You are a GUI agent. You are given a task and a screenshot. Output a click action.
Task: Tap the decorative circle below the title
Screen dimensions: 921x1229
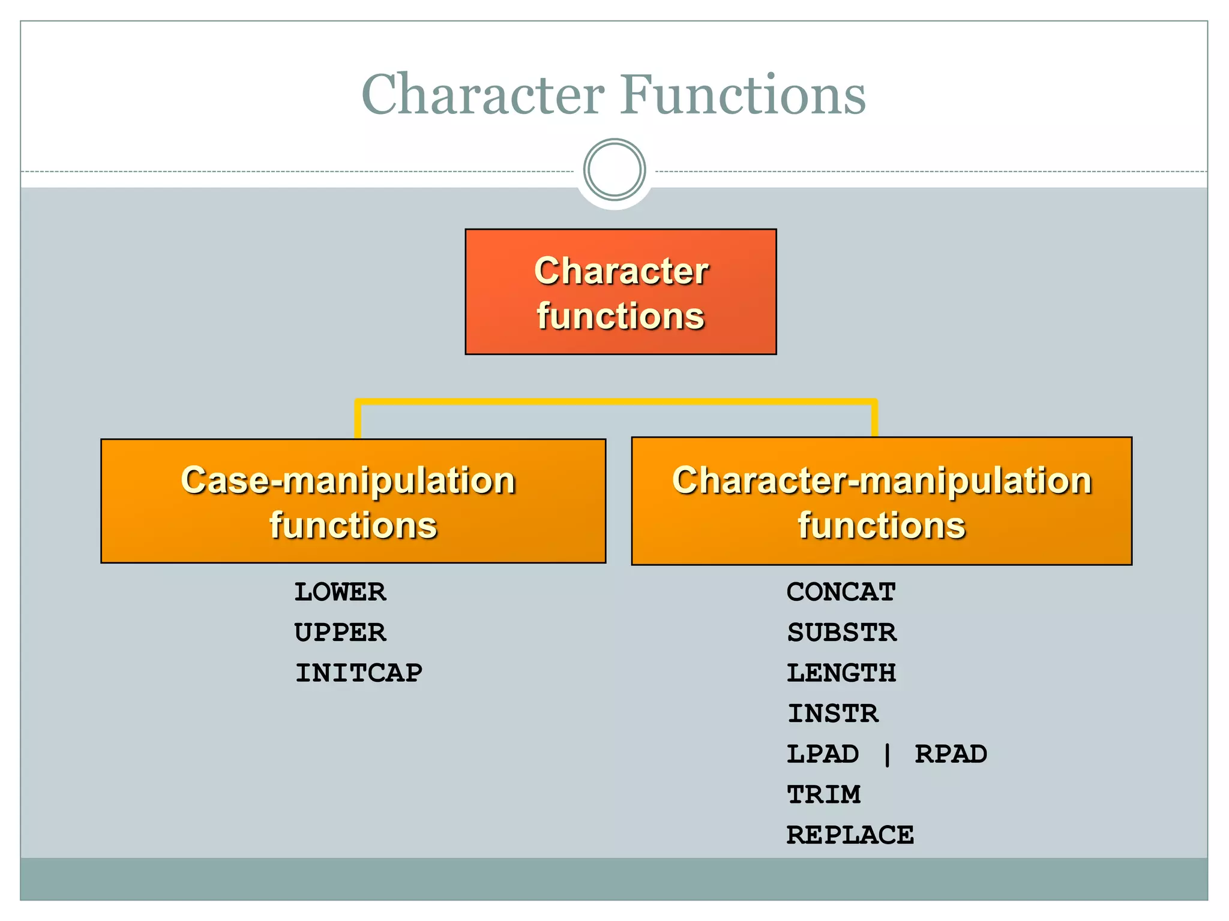tap(614, 170)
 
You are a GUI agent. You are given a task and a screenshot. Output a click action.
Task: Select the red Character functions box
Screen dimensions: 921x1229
tap(621, 292)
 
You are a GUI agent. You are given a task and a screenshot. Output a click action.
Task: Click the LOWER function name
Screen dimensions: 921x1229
tap(340, 592)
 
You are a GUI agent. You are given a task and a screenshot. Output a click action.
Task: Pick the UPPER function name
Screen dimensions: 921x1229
tap(340, 633)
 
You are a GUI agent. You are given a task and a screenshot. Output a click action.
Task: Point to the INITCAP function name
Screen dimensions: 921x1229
tap(359, 673)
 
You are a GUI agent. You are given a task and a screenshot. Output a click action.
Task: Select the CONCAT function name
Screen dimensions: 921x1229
tap(841, 592)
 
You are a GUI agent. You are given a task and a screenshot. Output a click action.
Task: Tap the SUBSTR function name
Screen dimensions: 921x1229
tap(842, 633)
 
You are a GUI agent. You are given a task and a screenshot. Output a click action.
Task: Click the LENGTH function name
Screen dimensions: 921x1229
tap(841, 673)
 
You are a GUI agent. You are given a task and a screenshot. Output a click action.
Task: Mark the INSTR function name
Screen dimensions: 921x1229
tap(833, 714)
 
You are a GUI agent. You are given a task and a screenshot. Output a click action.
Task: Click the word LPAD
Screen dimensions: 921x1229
tap(823, 754)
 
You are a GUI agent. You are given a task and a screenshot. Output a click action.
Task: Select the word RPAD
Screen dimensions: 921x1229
tap(951, 754)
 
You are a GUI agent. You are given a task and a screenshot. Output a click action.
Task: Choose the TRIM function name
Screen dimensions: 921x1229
tap(824, 795)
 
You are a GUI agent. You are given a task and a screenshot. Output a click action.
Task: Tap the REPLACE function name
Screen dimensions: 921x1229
tap(850, 835)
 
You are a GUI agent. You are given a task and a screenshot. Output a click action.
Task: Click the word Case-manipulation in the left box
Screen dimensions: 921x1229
tap(348, 480)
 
